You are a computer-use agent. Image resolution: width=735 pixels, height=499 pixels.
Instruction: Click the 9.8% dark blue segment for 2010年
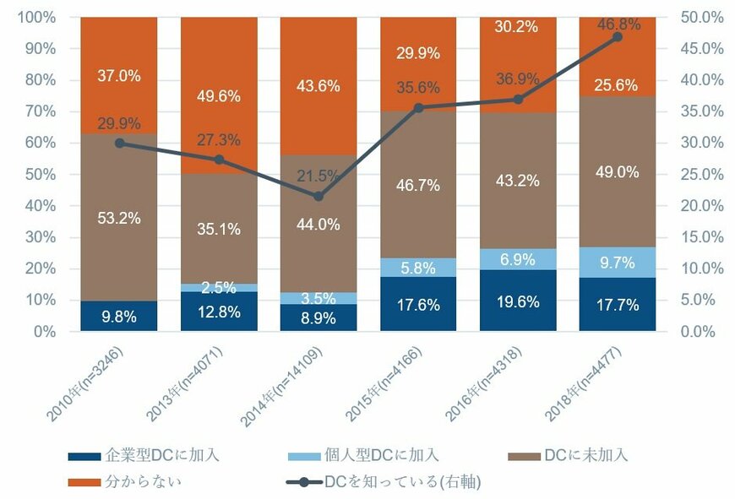click(x=119, y=316)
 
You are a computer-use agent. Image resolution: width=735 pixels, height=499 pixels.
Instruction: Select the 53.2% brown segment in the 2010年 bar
click(x=119, y=217)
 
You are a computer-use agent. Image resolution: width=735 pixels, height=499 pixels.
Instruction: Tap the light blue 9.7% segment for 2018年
click(x=618, y=263)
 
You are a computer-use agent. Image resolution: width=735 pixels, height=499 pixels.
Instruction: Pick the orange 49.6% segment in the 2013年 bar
click(x=219, y=95)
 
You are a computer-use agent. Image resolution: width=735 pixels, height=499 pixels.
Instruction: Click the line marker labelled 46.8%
click(x=618, y=37)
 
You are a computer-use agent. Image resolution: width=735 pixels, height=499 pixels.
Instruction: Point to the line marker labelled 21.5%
click(x=318, y=197)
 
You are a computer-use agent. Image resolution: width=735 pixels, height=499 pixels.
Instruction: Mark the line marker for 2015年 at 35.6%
click(x=418, y=108)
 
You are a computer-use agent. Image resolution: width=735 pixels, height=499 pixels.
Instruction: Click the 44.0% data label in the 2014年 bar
click(x=318, y=224)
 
